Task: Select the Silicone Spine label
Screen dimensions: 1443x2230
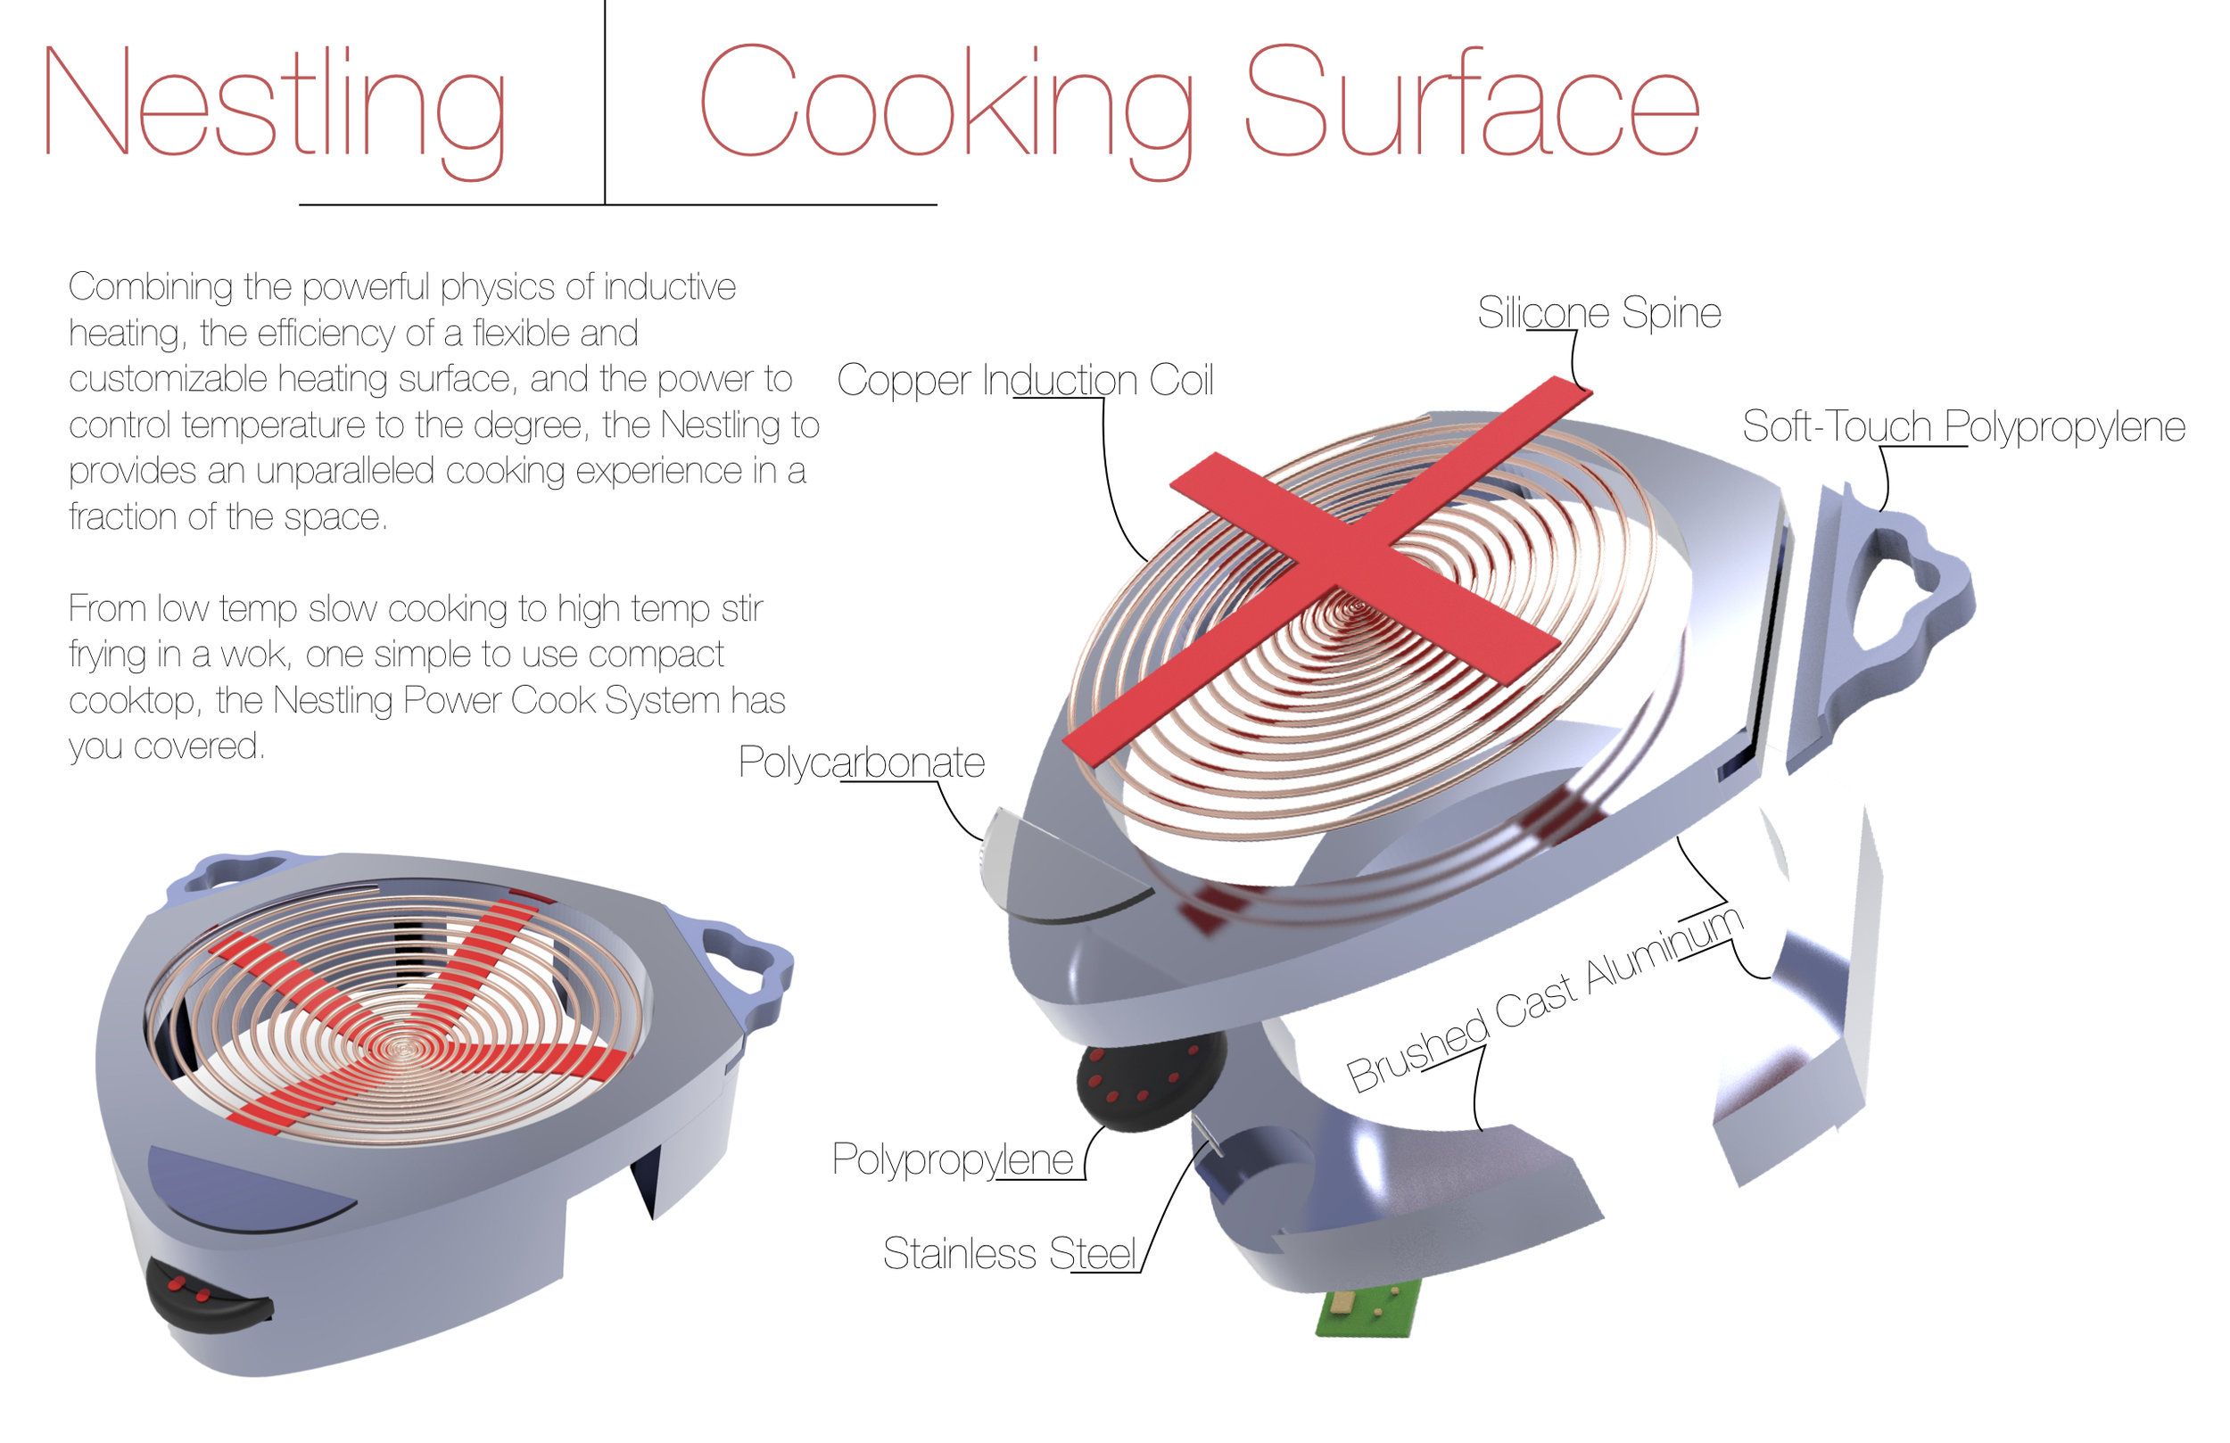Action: [x=1598, y=313]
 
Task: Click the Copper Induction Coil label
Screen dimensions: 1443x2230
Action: [x=1024, y=381]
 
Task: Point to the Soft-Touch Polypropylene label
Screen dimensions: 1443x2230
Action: [x=1963, y=427]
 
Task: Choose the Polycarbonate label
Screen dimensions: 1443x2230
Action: [x=861, y=763]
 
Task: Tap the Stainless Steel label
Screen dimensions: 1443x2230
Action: [x=1009, y=1254]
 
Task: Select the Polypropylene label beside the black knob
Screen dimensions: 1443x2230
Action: [x=952, y=1160]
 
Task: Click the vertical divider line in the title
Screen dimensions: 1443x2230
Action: [x=605, y=103]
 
